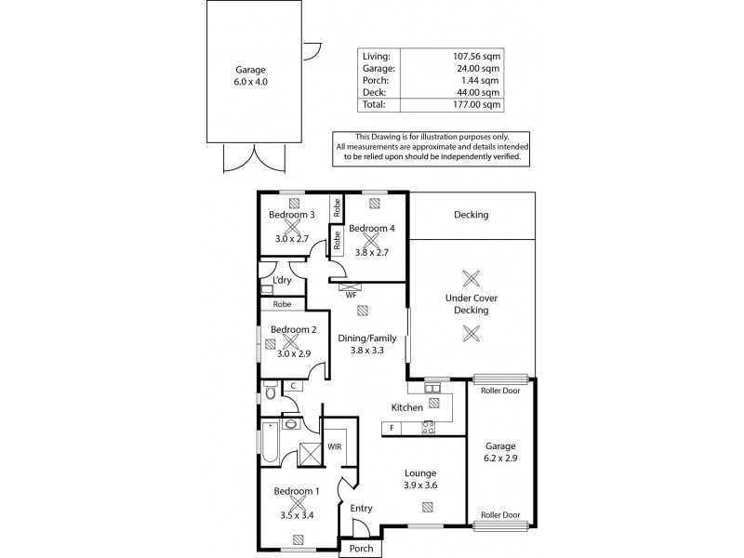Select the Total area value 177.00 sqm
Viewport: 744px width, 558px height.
pyautogui.click(x=476, y=105)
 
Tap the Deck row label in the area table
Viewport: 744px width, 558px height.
pyautogui.click(x=373, y=93)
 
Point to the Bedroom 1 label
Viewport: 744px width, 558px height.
pyautogui.click(x=297, y=491)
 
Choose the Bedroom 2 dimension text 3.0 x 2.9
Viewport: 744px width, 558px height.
pyautogui.click(x=294, y=353)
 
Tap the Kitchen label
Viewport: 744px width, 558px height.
pyautogui.click(x=407, y=408)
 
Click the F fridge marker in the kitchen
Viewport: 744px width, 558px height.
pyautogui.click(x=392, y=429)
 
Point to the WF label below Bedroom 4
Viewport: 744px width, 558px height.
pyautogui.click(x=351, y=296)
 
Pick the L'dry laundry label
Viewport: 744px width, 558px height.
pyautogui.click(x=283, y=280)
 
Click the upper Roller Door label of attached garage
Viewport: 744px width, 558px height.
pyautogui.click(x=500, y=391)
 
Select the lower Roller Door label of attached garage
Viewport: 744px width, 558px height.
pyautogui.click(x=500, y=513)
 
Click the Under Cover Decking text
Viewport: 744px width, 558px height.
pyautogui.click(x=472, y=304)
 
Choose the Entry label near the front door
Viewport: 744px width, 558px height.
pyautogui.click(x=361, y=508)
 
